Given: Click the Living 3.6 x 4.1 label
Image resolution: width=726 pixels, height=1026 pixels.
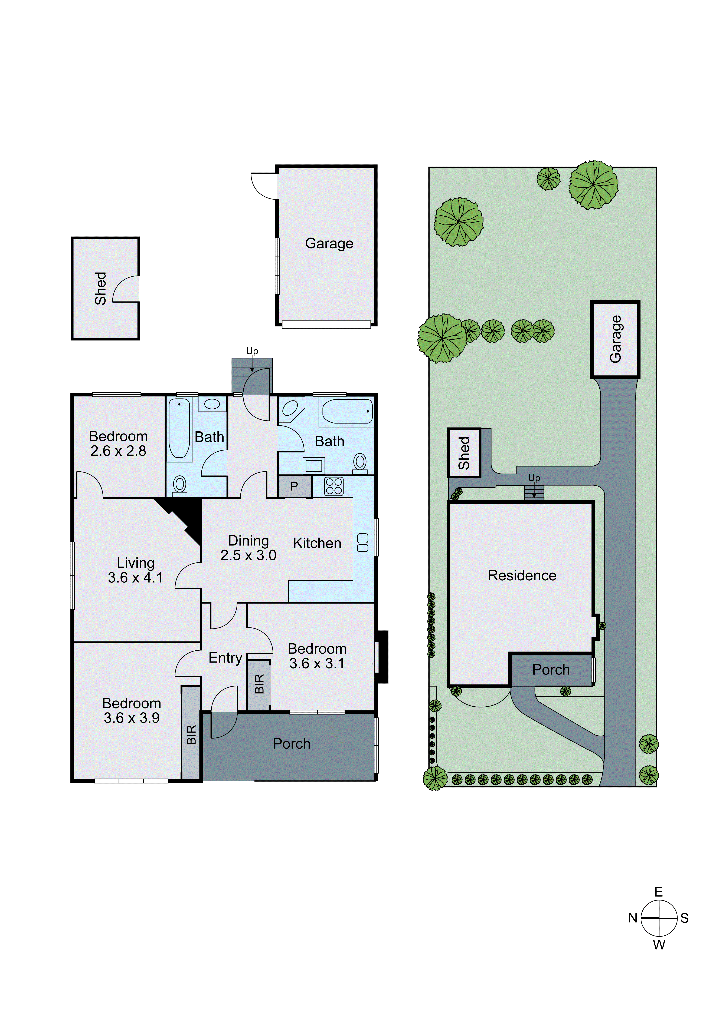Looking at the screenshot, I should [x=135, y=570].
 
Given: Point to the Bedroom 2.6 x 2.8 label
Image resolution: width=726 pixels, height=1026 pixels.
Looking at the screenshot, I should [x=119, y=443].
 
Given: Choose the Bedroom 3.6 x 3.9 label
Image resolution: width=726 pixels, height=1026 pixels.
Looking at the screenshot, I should [x=132, y=710].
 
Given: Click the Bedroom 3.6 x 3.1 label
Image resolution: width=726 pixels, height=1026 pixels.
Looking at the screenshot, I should [x=317, y=656].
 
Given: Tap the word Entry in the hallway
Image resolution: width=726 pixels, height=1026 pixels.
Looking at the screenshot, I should [x=225, y=658].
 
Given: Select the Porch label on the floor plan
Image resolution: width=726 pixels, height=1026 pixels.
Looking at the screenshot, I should [x=292, y=744].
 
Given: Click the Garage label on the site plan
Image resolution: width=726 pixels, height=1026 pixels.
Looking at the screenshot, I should [x=616, y=339].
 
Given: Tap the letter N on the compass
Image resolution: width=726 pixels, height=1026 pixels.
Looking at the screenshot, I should [x=633, y=918].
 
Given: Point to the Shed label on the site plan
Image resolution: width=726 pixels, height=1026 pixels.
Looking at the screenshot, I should [x=464, y=453].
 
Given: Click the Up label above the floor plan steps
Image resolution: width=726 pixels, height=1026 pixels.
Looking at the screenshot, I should [x=252, y=351].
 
